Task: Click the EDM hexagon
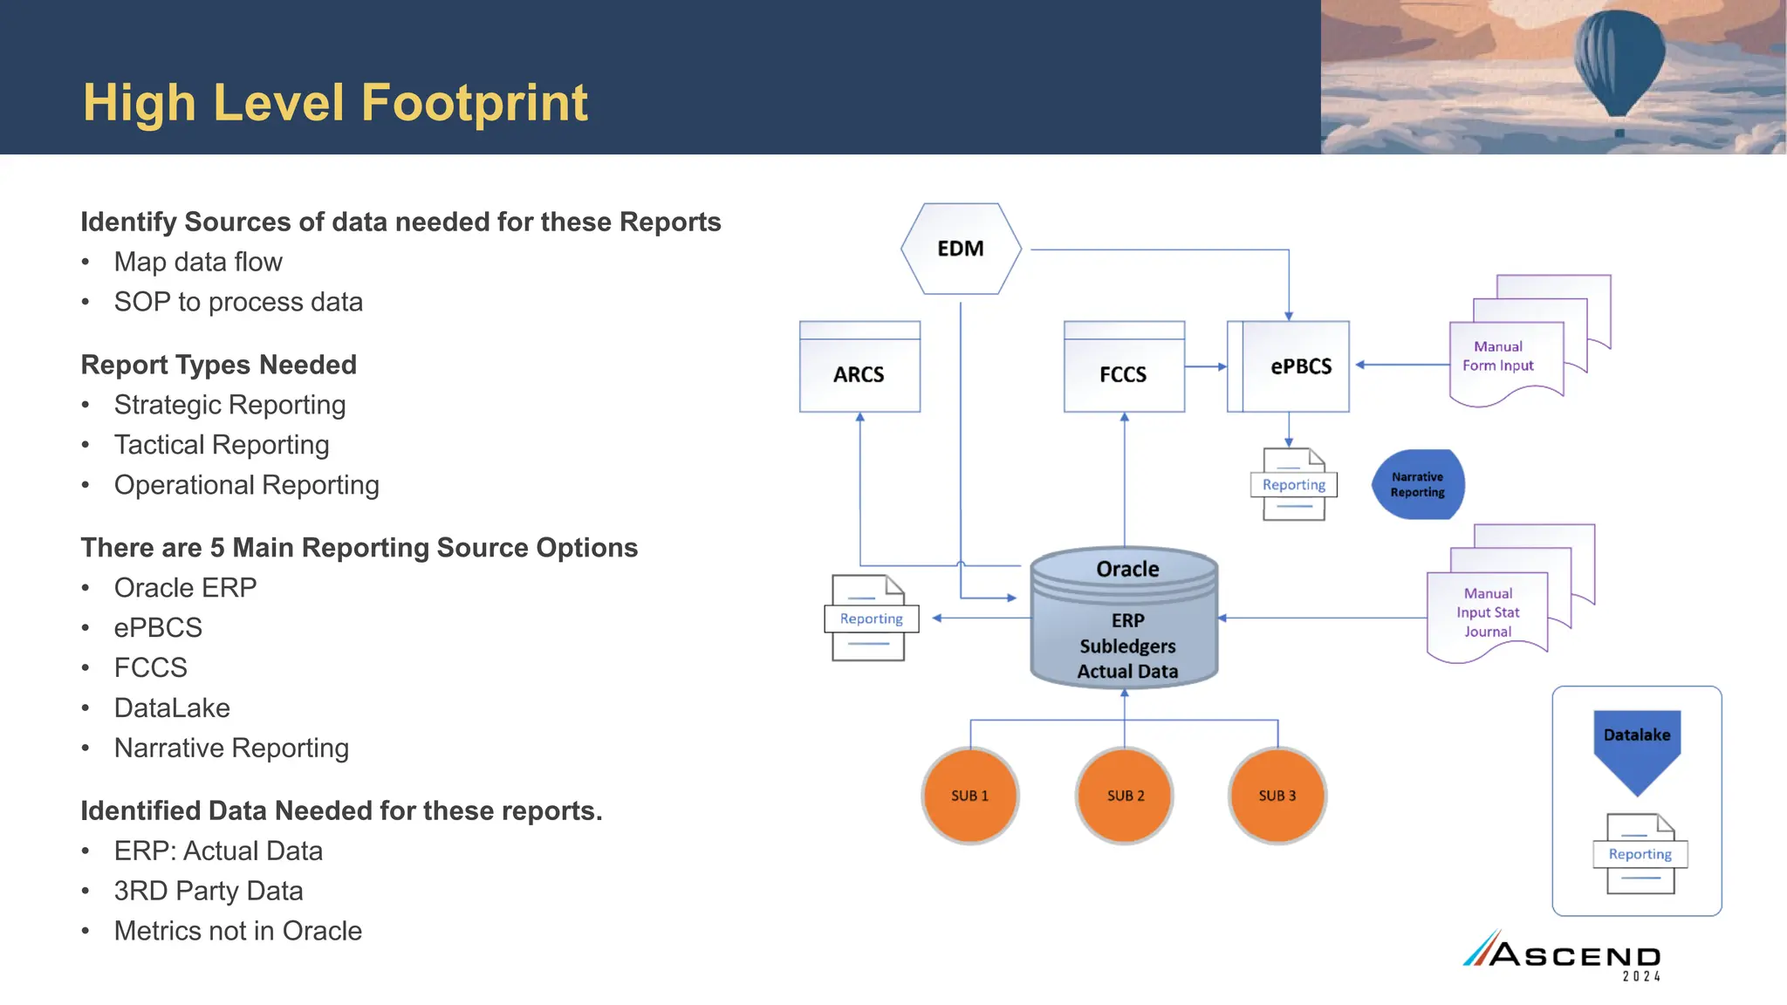(x=961, y=249)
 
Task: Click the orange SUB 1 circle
(x=969, y=796)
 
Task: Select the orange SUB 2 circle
(x=1125, y=796)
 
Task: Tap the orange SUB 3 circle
(x=1277, y=796)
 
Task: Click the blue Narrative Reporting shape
(x=1417, y=485)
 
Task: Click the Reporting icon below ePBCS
(x=1294, y=485)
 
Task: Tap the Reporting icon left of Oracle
(x=871, y=618)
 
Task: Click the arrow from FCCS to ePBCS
(x=1206, y=367)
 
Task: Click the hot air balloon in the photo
(x=1619, y=61)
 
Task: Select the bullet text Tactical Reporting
(x=222, y=445)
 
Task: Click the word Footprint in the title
(x=475, y=102)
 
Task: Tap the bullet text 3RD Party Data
(x=209, y=891)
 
